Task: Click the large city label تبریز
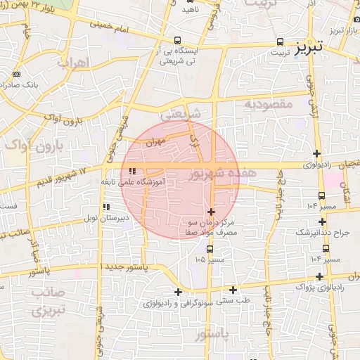(x=310, y=47)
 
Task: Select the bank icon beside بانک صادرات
(x=16, y=74)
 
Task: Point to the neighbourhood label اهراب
(x=72, y=63)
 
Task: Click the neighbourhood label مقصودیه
(x=268, y=104)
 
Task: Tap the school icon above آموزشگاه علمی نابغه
(x=133, y=171)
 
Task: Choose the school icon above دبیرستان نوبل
(x=106, y=207)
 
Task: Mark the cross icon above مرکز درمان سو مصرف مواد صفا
(x=211, y=211)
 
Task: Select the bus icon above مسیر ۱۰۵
(x=209, y=248)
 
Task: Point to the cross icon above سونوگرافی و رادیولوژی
(x=178, y=292)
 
